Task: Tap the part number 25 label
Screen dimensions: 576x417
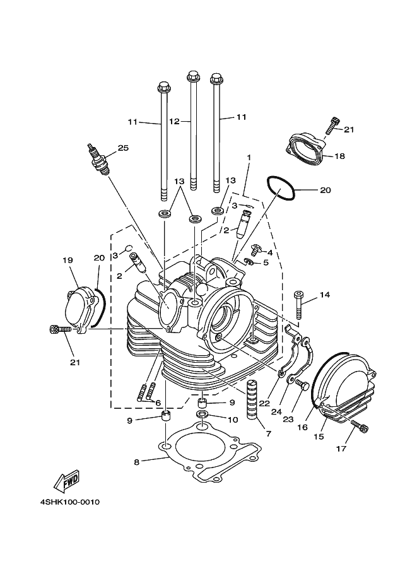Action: tap(122, 148)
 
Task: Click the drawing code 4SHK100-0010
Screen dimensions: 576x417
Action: tap(69, 502)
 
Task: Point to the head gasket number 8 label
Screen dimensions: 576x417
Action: tap(136, 461)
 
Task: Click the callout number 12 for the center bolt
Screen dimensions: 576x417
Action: tap(174, 120)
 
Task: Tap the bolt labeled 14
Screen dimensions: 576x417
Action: tap(300, 306)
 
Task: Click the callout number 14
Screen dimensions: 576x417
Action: tap(324, 295)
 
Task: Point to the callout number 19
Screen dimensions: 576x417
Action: tap(68, 260)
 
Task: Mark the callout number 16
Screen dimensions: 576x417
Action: tap(302, 427)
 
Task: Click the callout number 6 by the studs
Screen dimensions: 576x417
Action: tap(158, 403)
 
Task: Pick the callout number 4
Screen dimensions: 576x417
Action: tap(269, 252)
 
